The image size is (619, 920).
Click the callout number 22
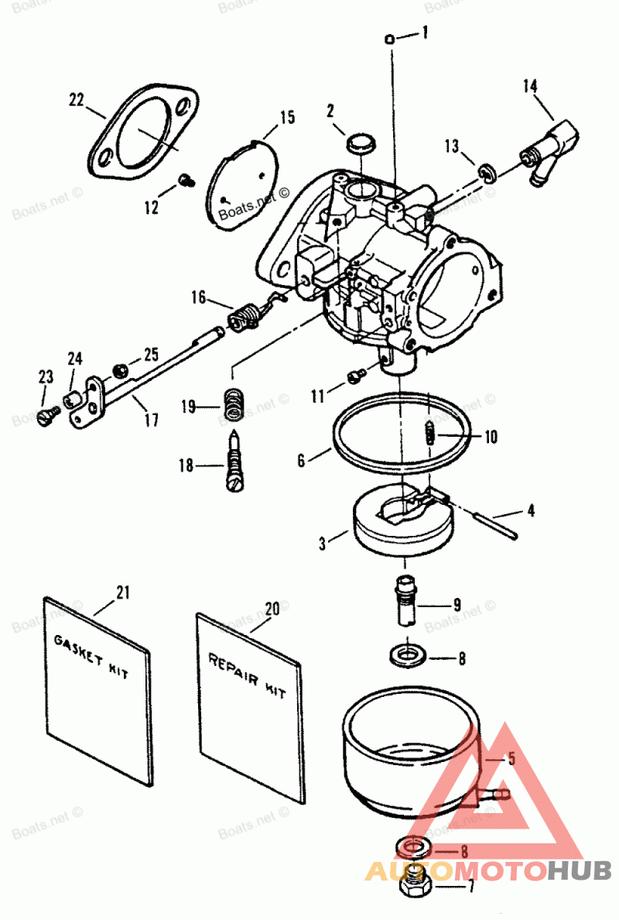coord(77,100)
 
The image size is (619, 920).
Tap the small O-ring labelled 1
coord(388,39)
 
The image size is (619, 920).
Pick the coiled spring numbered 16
coord(245,317)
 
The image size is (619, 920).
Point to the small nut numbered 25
coord(121,370)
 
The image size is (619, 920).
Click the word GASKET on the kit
coord(78,649)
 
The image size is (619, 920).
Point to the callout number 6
coord(301,461)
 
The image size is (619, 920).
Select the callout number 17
coord(151,421)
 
